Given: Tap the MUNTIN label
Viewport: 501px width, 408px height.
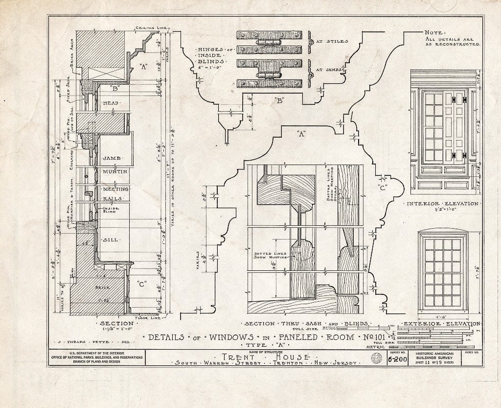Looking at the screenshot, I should pyautogui.click(x=115, y=171).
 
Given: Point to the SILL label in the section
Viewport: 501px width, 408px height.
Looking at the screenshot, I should pyautogui.click(x=110, y=240).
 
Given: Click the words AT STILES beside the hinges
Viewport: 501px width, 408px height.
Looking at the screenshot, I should pyautogui.click(x=332, y=42).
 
